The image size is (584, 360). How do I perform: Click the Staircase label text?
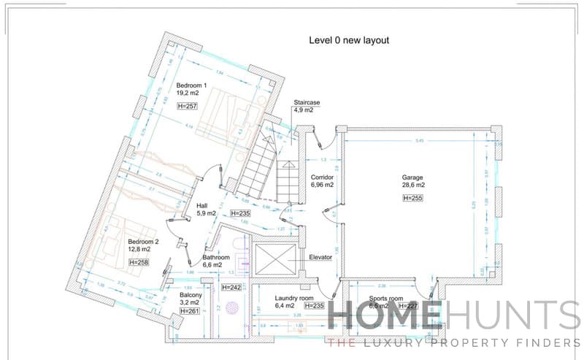coord(307,102)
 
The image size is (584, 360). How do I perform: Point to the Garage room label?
coord(412,177)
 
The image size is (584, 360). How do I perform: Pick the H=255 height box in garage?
coord(412,198)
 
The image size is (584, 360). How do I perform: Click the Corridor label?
coord(322,177)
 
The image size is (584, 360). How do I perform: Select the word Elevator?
coord(320,257)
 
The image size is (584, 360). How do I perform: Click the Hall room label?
coord(202,206)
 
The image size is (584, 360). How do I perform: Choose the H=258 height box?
coord(137,261)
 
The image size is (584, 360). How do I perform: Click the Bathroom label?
coord(216,258)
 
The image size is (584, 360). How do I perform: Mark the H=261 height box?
coord(189,311)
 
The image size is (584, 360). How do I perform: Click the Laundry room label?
coord(294,298)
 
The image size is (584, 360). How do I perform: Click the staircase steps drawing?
coord(259,164)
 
